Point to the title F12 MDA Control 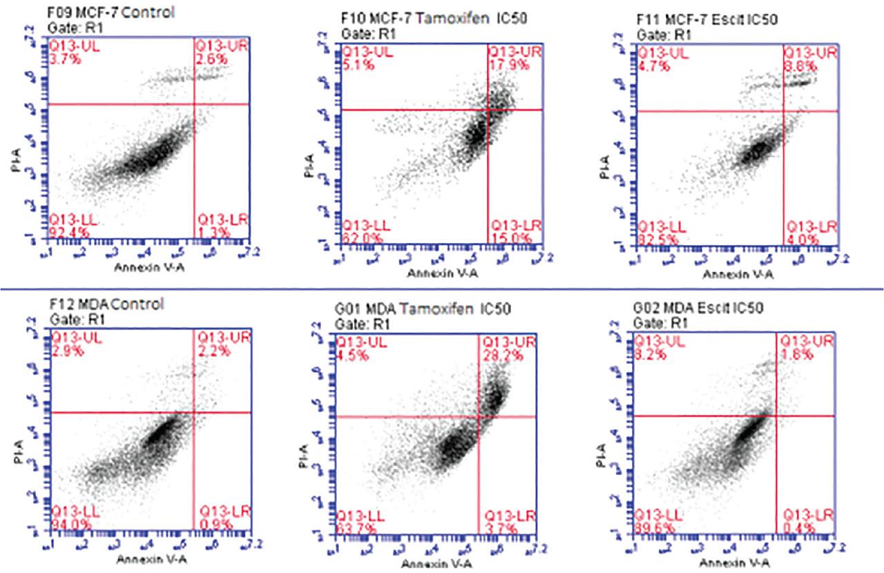coord(107,304)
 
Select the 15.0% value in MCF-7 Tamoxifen coord(508,238)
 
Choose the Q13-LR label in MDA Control coord(219,512)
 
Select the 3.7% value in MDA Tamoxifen coord(496,528)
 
